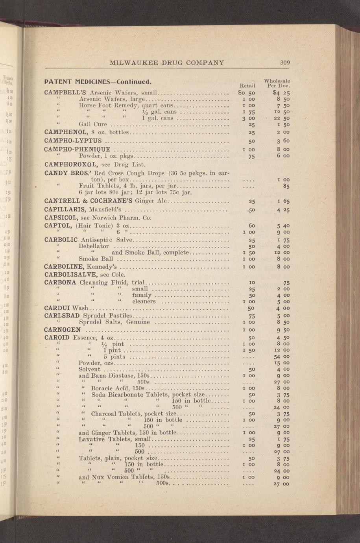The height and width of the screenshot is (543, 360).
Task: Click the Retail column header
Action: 247,85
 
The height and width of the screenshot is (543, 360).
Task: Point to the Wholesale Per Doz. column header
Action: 278,83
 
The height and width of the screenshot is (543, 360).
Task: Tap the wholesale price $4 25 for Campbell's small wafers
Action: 281,93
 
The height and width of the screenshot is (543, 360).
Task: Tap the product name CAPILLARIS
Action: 66,209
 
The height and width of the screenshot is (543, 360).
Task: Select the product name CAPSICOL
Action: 63,218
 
